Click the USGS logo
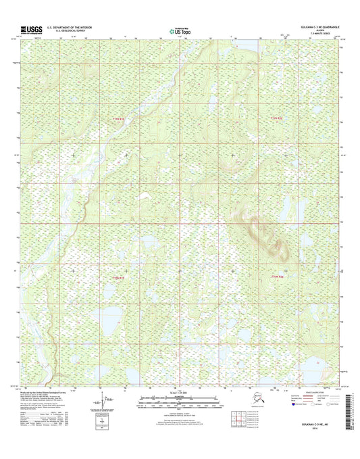tap(30, 29)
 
